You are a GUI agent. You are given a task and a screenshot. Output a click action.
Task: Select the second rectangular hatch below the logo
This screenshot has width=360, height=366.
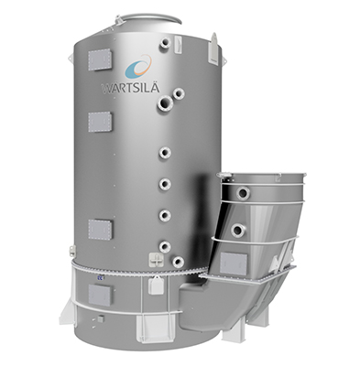click(x=100, y=121)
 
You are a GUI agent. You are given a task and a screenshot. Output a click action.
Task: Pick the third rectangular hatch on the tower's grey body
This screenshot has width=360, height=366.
click(x=100, y=229)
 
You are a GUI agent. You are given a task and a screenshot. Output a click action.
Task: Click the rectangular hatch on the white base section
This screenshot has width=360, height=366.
click(x=100, y=293)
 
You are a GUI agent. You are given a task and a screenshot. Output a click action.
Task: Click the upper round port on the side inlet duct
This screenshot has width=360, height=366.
click(x=244, y=193)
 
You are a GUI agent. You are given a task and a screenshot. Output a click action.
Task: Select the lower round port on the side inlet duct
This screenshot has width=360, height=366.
click(x=237, y=231)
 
